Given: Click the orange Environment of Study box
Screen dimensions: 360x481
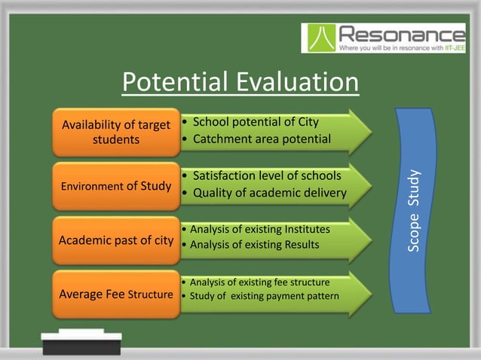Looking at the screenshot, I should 115,185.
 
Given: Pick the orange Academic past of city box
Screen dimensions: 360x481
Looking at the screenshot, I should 115,240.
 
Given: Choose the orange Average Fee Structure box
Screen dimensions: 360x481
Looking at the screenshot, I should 115,294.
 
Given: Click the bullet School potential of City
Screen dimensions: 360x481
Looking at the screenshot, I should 256,122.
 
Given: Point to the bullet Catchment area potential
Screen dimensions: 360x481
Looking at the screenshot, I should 262,139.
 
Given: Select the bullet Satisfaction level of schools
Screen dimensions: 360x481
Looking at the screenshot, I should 267,175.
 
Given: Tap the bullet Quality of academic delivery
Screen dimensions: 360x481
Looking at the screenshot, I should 269,193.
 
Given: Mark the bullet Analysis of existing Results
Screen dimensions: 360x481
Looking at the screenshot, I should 254,244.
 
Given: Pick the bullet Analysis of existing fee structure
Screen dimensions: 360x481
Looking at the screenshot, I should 259,282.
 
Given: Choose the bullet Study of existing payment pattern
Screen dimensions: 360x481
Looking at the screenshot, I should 264,294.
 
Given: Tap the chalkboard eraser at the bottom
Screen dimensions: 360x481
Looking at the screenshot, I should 81,343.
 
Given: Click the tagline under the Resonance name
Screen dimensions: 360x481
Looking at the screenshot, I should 401,47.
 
